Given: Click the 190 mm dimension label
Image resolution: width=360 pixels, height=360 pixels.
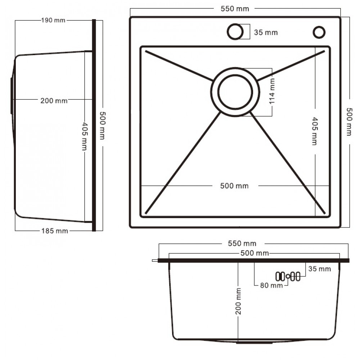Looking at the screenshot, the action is point(53,20).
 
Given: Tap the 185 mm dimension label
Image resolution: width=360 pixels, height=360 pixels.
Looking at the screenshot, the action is point(55,231).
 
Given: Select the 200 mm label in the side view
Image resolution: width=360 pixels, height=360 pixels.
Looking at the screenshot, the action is point(54,100).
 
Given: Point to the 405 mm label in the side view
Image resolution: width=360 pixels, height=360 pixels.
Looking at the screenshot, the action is point(85,136).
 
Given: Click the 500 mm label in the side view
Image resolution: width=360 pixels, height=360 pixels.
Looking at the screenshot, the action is point(102,126).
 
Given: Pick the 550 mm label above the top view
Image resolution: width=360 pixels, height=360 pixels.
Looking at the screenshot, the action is point(235,9).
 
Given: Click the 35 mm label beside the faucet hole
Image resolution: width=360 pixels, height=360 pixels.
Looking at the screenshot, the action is point(266,32).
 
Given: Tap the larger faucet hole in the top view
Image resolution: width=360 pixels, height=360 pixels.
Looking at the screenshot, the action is point(235,31).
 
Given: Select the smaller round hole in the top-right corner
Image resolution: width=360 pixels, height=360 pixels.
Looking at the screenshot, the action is point(319,32).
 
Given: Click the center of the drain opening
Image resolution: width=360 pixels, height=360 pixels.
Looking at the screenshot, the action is point(235,92).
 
